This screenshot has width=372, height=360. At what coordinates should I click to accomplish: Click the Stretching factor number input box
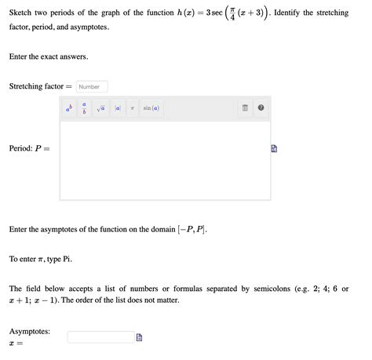93,86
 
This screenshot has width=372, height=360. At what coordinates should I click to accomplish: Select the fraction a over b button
85,108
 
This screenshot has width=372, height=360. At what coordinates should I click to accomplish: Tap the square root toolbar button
101,108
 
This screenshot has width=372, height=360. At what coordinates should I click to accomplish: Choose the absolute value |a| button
118,108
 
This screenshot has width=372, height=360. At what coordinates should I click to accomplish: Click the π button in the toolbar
133,108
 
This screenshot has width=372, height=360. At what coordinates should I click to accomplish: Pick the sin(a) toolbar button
150,108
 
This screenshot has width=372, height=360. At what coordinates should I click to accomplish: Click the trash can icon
245,108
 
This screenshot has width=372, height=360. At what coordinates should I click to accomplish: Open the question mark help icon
261,108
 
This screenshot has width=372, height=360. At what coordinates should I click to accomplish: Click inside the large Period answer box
165,161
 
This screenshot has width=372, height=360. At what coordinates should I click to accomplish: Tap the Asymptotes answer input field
100,337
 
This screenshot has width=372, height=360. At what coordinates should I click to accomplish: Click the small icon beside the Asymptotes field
139,337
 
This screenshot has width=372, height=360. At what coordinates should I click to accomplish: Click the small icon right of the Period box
275,148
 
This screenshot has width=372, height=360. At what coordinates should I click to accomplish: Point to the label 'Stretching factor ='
41,86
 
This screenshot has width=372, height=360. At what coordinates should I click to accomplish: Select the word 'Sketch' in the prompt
22,14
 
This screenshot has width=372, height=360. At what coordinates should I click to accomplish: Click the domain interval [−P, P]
193,229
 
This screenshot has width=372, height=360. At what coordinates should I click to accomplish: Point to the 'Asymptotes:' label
30,332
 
